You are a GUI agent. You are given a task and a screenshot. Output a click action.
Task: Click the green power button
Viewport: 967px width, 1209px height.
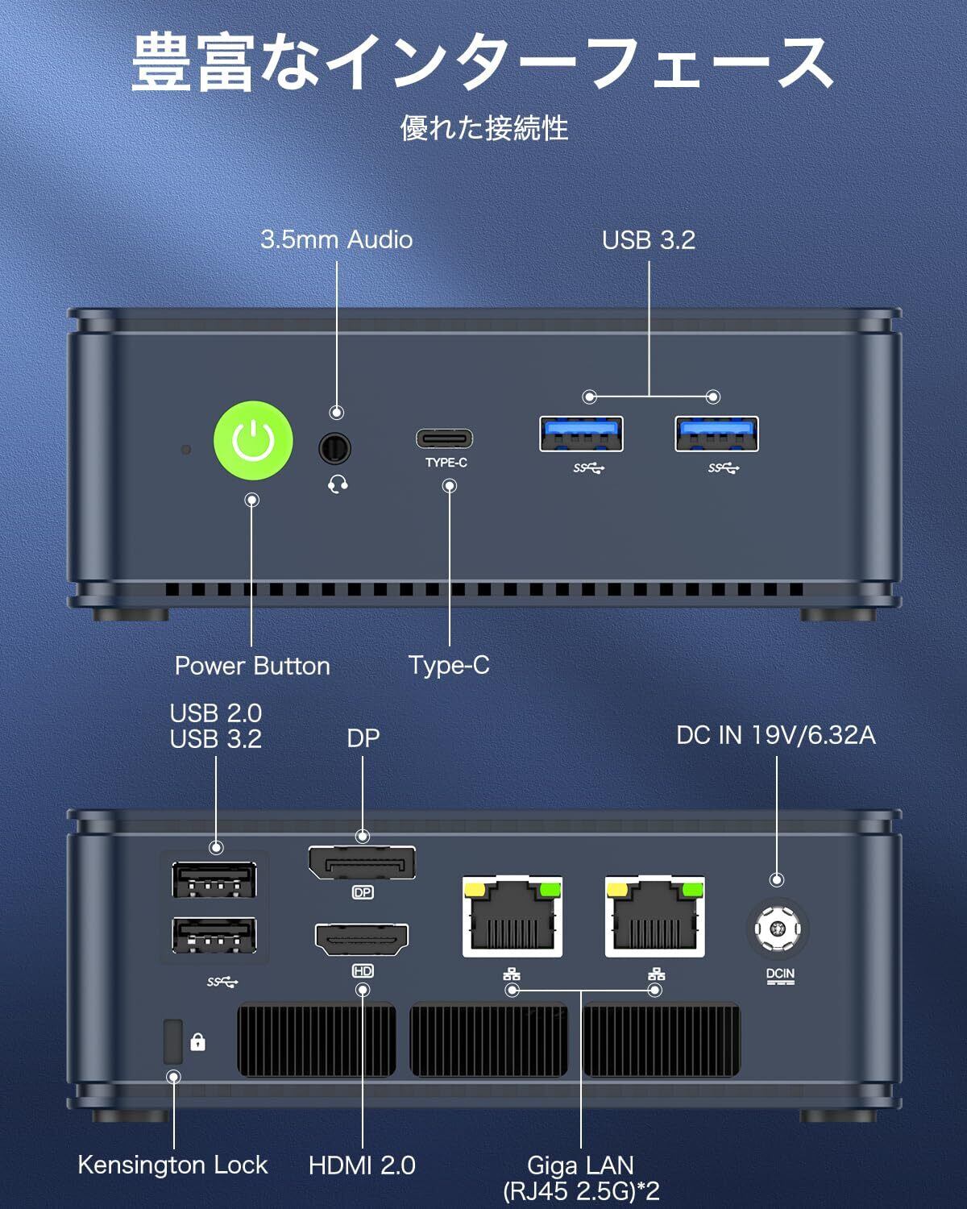coord(253,440)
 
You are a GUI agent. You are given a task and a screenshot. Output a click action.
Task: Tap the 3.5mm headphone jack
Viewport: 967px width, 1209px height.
coord(335,448)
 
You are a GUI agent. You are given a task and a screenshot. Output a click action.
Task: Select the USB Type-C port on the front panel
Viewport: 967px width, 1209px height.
coord(444,438)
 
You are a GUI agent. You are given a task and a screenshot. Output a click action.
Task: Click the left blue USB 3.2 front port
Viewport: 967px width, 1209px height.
coord(581,434)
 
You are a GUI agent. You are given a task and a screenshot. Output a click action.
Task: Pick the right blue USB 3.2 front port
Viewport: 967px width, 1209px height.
coord(716,434)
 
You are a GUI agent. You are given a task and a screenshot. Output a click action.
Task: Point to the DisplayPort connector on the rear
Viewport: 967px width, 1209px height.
coord(362,862)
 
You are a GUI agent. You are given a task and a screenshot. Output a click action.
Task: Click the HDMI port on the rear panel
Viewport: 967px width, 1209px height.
coord(362,939)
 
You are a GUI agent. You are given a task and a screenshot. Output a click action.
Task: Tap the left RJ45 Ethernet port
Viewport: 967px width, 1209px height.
coord(513,916)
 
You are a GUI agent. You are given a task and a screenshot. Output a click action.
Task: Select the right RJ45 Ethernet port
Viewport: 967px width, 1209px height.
coord(654,916)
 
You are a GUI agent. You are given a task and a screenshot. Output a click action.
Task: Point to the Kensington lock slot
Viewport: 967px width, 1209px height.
coord(173,1041)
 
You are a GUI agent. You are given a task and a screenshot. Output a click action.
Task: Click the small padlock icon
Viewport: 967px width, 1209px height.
coord(197,1041)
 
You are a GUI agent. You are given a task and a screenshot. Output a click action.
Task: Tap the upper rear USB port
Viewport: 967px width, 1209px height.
coord(214,879)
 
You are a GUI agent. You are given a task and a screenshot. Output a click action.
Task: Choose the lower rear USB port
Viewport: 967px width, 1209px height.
coord(214,935)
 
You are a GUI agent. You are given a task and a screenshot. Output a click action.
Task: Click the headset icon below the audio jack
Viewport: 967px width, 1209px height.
coord(338,484)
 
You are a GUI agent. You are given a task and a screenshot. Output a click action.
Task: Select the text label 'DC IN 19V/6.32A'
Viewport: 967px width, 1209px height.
coord(776,735)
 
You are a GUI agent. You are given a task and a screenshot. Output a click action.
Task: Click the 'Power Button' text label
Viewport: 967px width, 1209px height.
coord(252,666)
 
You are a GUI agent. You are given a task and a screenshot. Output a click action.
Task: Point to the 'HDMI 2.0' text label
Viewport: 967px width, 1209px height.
coord(362,1165)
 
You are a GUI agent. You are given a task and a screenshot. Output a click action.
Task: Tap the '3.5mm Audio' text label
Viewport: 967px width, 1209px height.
coord(337,239)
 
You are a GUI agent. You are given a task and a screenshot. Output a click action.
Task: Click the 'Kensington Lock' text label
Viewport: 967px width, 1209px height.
coord(172,1165)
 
